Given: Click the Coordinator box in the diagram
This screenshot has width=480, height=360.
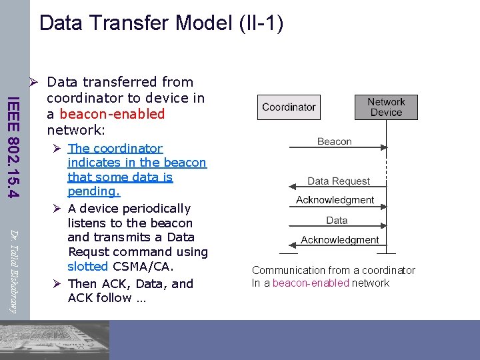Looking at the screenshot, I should tap(289, 107).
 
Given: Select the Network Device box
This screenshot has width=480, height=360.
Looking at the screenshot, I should tap(386, 107).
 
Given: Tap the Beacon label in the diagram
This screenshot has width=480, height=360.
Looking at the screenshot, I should tap(334, 141).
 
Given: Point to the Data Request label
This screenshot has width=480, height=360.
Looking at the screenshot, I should tap(338, 181).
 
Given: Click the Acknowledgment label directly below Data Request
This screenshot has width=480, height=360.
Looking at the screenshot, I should tap(335, 199).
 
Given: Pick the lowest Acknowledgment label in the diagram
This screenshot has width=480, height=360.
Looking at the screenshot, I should tap(339, 239).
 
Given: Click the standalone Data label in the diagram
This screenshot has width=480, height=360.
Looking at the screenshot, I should tap(337, 220).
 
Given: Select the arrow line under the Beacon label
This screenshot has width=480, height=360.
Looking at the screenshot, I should tap(337, 149).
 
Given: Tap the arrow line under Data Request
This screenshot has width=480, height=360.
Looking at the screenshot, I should tap(337, 189).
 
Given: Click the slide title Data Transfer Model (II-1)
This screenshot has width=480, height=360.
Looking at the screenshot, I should tap(161, 23).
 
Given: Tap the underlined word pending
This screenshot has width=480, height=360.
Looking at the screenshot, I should tap(94, 191).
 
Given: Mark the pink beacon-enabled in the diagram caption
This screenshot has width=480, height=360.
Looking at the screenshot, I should tap(311, 283).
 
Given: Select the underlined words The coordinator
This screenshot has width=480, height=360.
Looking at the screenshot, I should tap(115, 148).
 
